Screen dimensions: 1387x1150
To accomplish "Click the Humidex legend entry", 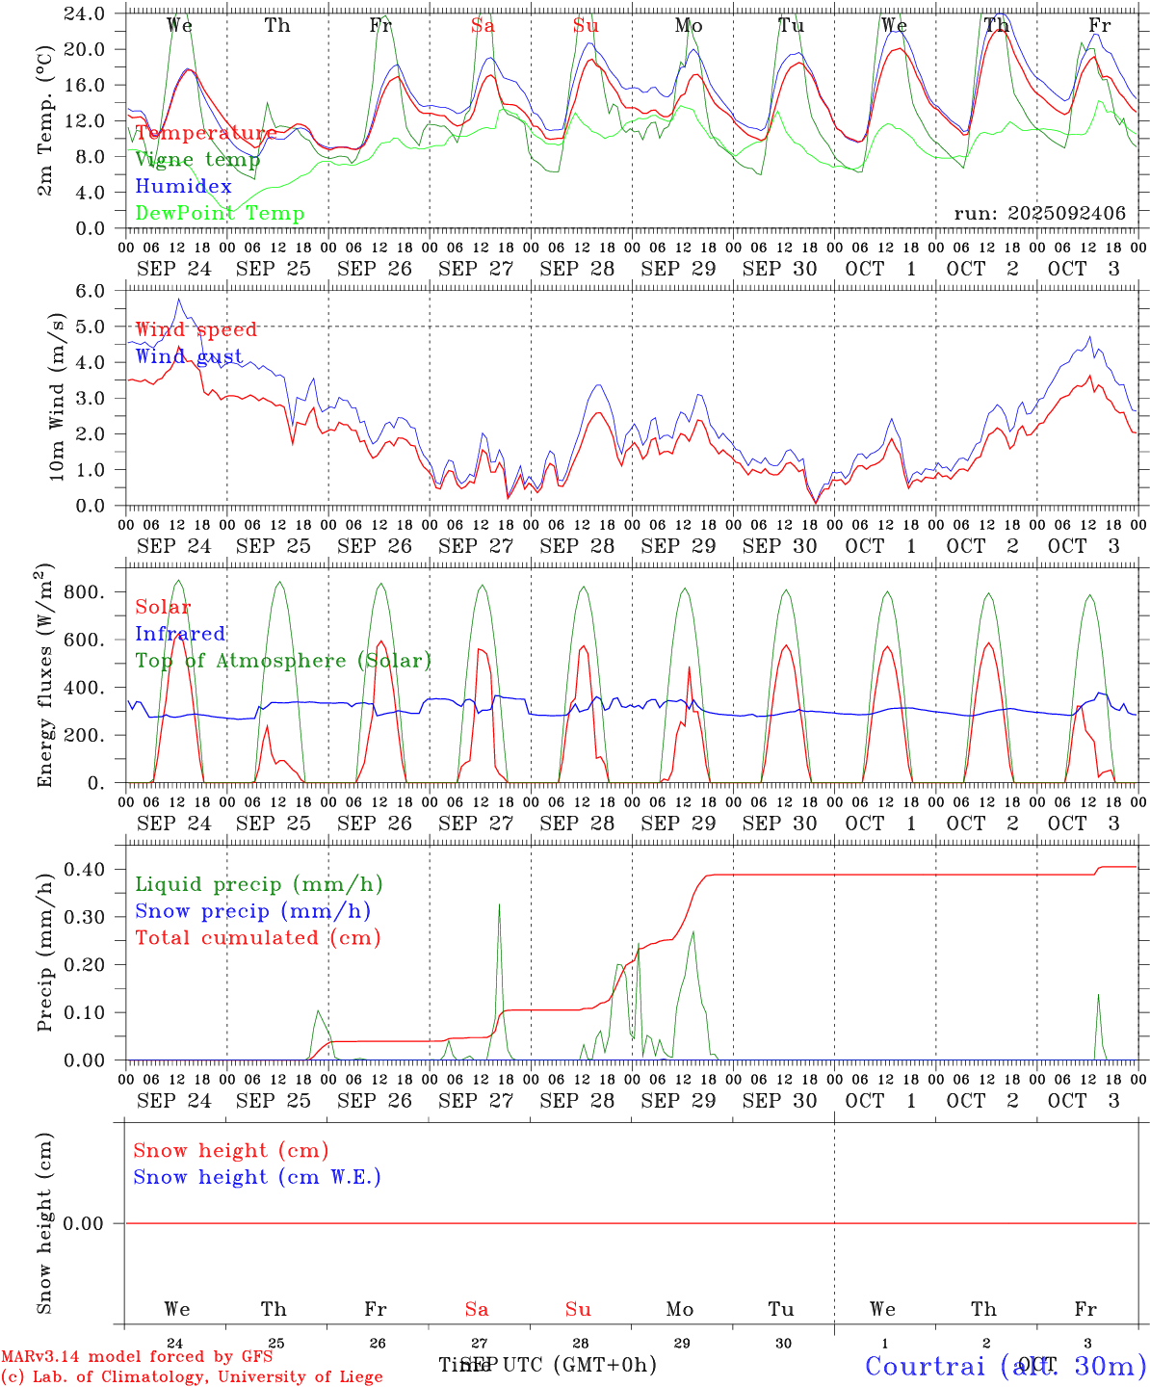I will point(183,187).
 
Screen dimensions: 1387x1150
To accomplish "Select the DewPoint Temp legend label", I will point(220,214).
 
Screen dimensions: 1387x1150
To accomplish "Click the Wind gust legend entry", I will point(189,356).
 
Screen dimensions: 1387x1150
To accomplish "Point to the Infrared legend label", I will point(180,634).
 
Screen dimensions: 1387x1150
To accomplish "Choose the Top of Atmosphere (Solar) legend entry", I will point(282,661).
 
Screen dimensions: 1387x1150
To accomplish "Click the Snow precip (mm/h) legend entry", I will point(252,911).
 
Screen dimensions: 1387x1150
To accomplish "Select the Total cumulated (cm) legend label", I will point(257,938).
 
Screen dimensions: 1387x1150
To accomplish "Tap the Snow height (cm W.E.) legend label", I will point(256,1177).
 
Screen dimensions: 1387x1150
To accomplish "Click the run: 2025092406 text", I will point(1039,214).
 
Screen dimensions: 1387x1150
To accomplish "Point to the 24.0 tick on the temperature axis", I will point(86,13).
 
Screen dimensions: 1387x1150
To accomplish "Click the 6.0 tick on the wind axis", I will point(90,291).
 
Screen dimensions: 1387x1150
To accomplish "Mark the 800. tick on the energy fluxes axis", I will point(84,592).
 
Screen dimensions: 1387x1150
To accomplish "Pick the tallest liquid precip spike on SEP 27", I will point(499,905).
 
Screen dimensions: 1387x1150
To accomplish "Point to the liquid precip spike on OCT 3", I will point(1098,996).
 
